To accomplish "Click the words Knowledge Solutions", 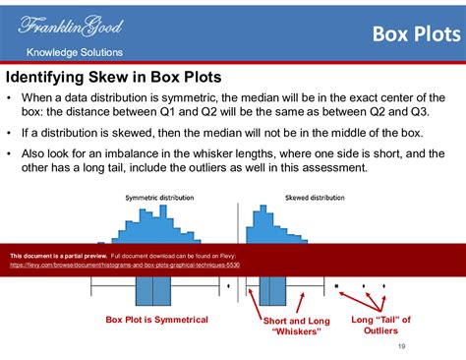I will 74,52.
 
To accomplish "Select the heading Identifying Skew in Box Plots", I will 114,77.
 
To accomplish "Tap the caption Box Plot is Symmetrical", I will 156,320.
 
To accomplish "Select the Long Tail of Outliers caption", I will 380,326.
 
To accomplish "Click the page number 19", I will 401,346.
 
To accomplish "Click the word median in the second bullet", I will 217,132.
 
